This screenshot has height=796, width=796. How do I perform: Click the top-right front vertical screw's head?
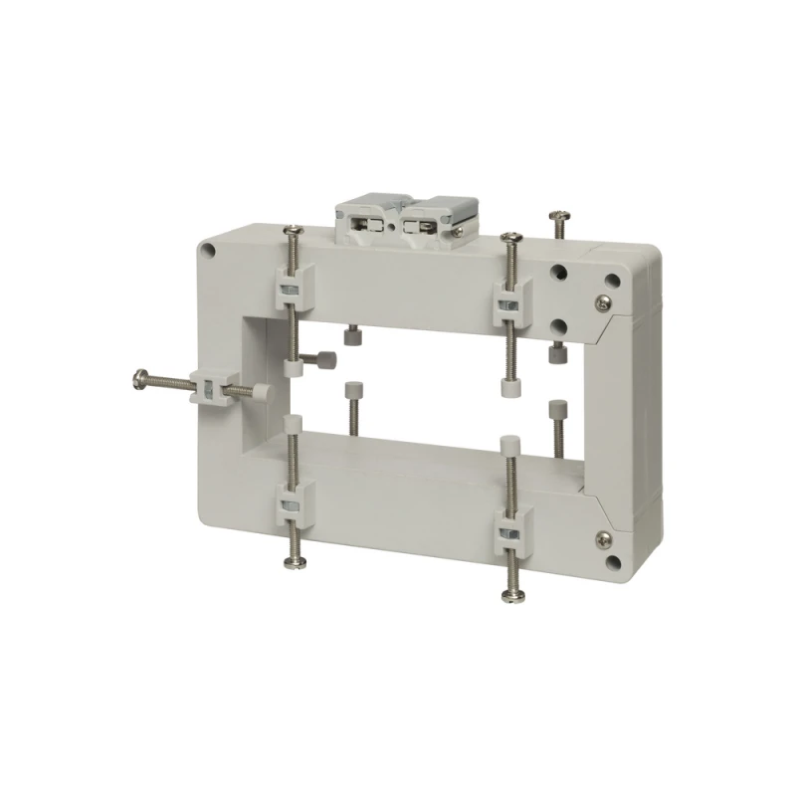pos(510,237)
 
